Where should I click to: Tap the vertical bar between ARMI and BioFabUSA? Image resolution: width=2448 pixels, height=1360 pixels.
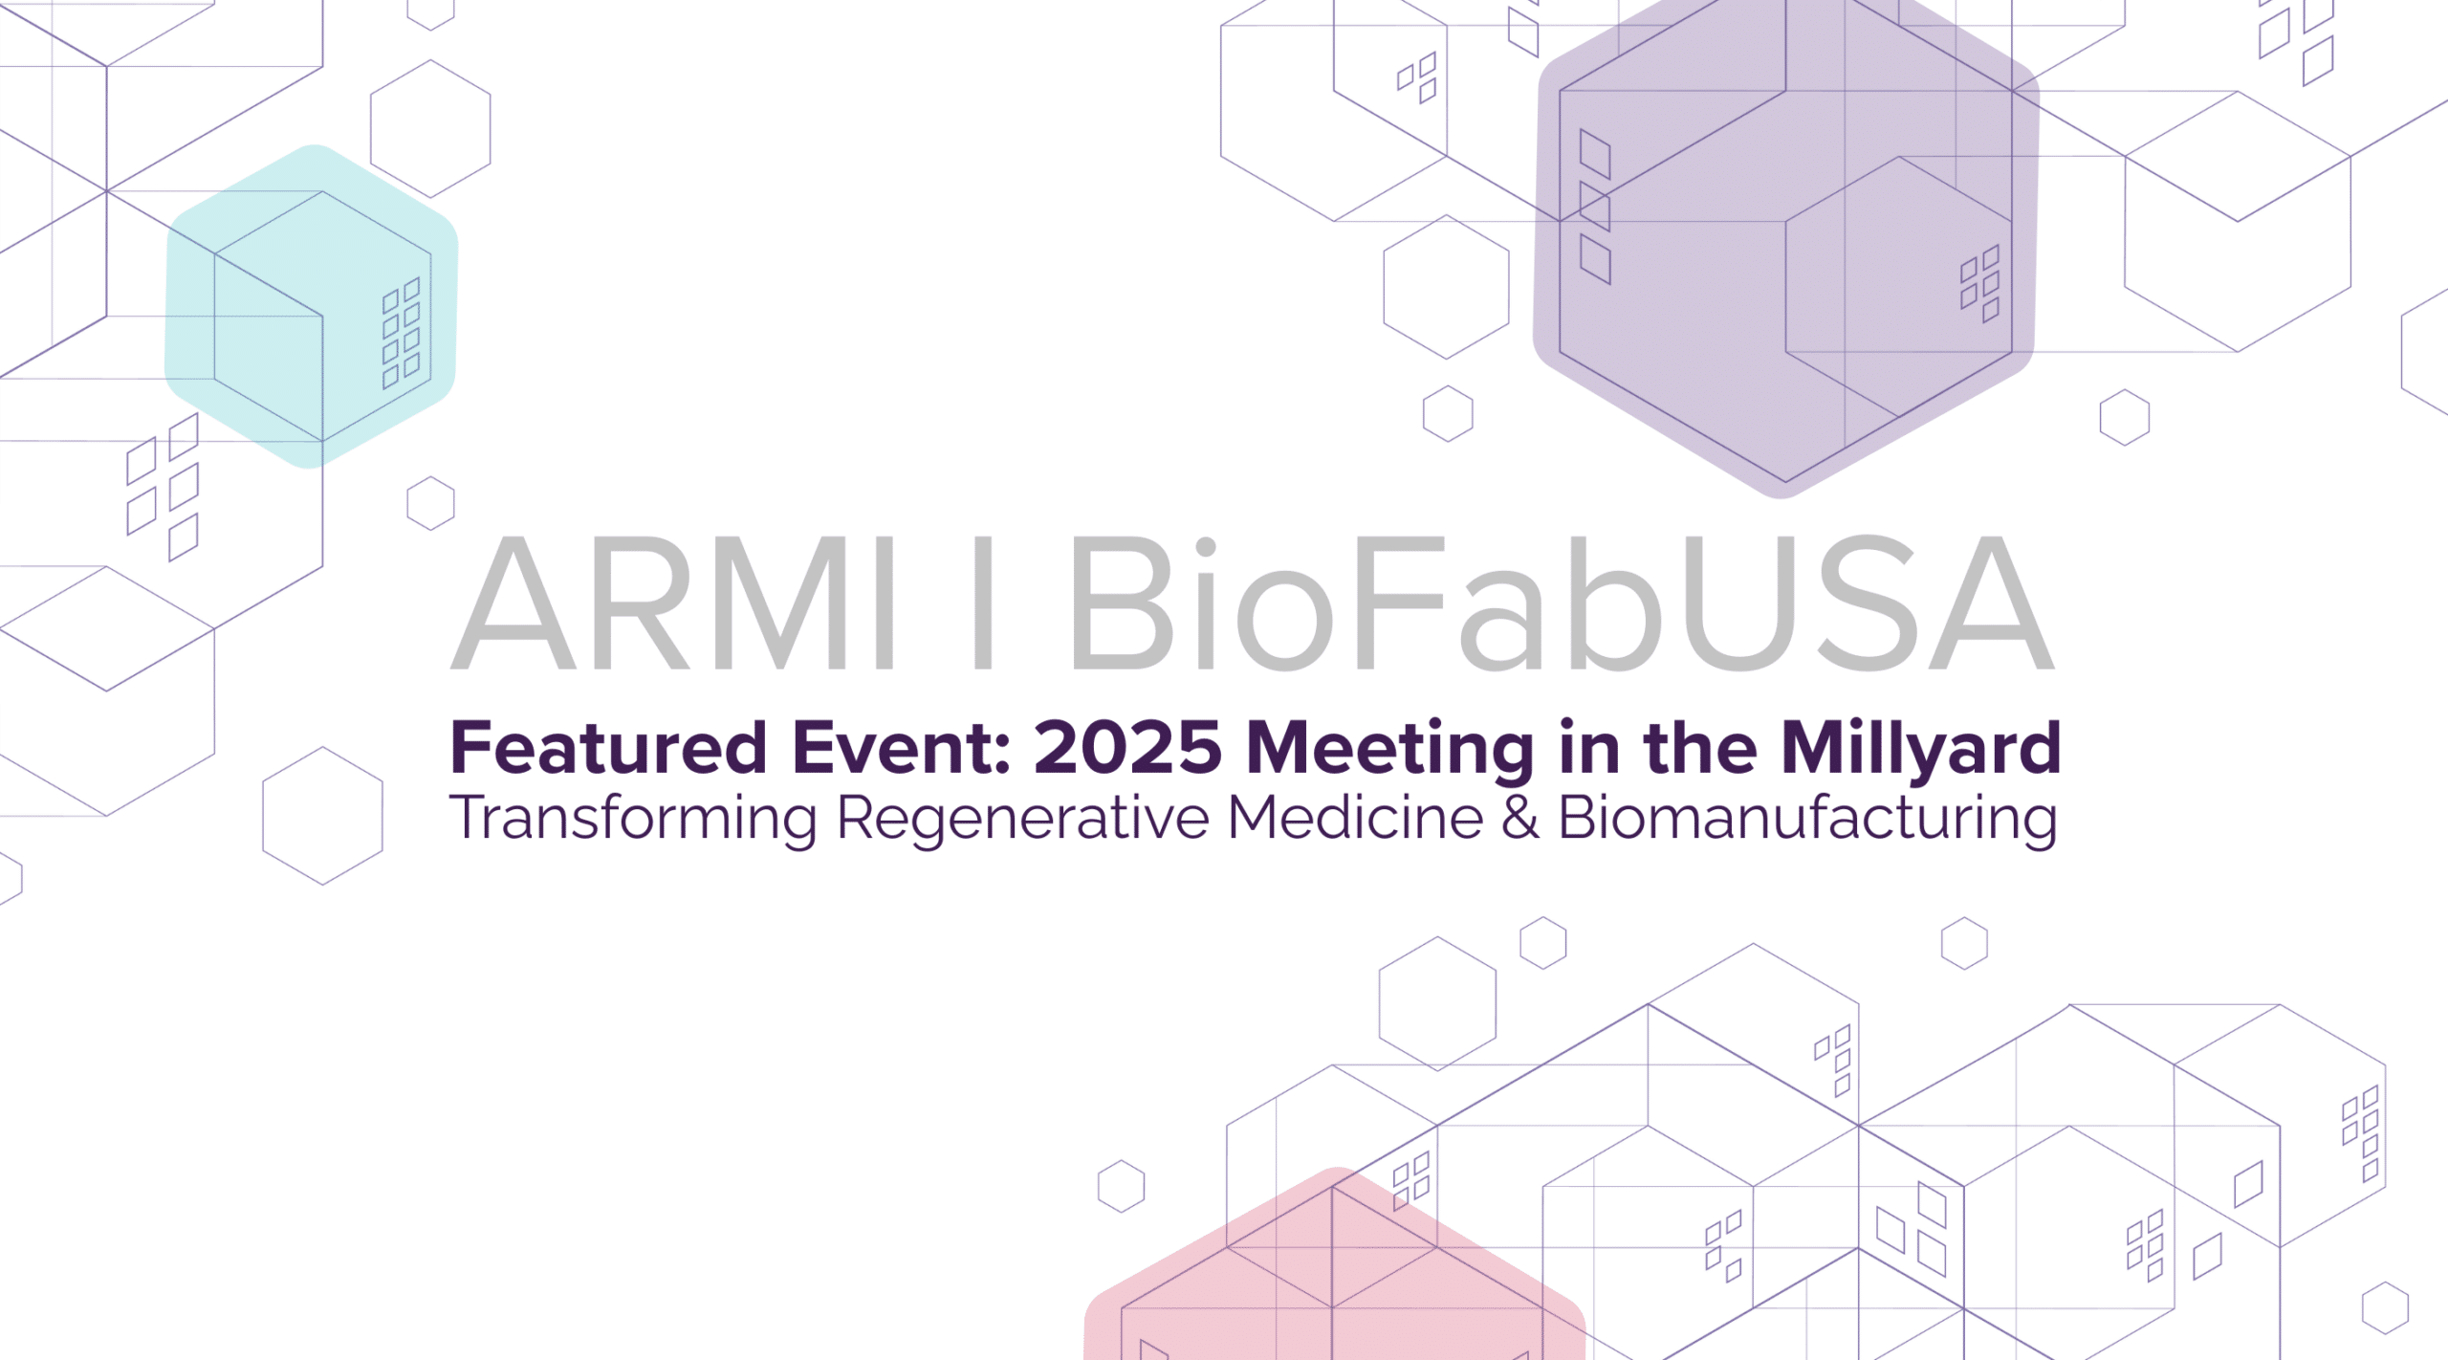[x=983, y=602]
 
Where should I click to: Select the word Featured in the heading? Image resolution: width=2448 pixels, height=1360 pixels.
[x=609, y=747]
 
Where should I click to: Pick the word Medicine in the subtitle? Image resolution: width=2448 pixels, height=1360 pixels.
[x=1355, y=818]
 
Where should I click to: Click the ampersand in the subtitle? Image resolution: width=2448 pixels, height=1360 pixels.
[x=1520, y=819]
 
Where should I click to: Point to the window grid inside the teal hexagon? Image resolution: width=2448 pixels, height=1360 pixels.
[x=402, y=333]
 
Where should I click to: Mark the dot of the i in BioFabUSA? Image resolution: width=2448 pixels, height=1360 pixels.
[x=1205, y=548]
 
